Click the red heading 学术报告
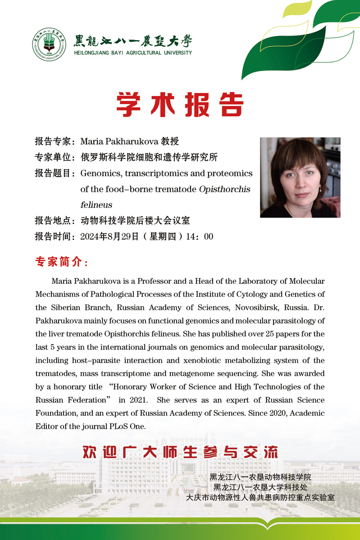(180, 105)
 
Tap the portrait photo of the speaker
(300, 177)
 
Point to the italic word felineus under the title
(96, 205)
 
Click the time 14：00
(202, 236)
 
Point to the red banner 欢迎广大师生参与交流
(180, 452)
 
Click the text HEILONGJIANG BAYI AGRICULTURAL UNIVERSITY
(133, 53)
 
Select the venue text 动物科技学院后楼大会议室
(135, 221)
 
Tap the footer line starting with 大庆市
(260, 498)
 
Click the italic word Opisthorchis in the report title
(224, 189)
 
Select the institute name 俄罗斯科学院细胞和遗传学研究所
(149, 157)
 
